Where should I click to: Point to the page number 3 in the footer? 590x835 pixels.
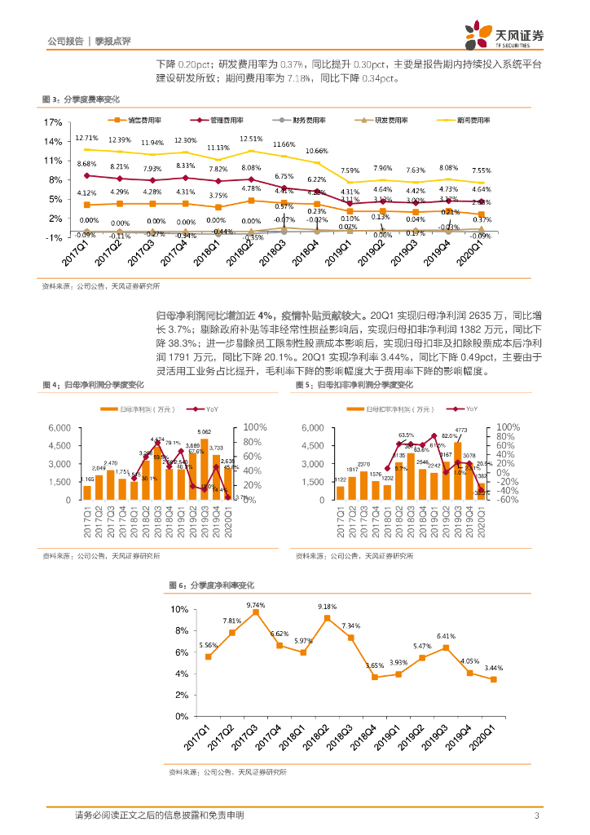pos(536,815)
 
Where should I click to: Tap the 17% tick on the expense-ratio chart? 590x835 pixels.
pos(53,122)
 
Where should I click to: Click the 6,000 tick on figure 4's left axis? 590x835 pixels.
pos(59,427)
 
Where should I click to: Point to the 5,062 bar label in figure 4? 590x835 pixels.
pos(205,431)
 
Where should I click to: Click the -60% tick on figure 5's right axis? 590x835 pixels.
pos(508,500)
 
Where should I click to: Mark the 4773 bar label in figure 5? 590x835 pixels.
pos(460,430)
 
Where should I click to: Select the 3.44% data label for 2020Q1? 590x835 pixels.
pos(493,668)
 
